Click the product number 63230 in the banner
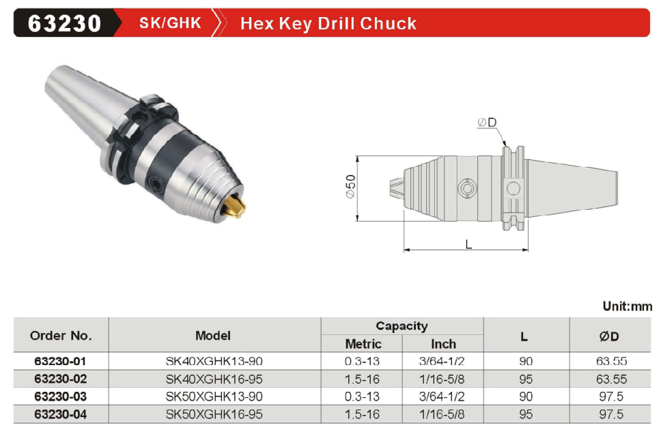click(64, 23)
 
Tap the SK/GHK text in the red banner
click(170, 23)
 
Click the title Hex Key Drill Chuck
click(328, 24)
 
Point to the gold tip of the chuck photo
click(236, 206)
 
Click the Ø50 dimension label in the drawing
click(350, 186)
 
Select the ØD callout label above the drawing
click(487, 122)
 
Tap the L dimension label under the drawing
click(468, 244)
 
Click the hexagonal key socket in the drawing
click(467, 188)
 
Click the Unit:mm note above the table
click(627, 306)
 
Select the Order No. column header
click(61, 336)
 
